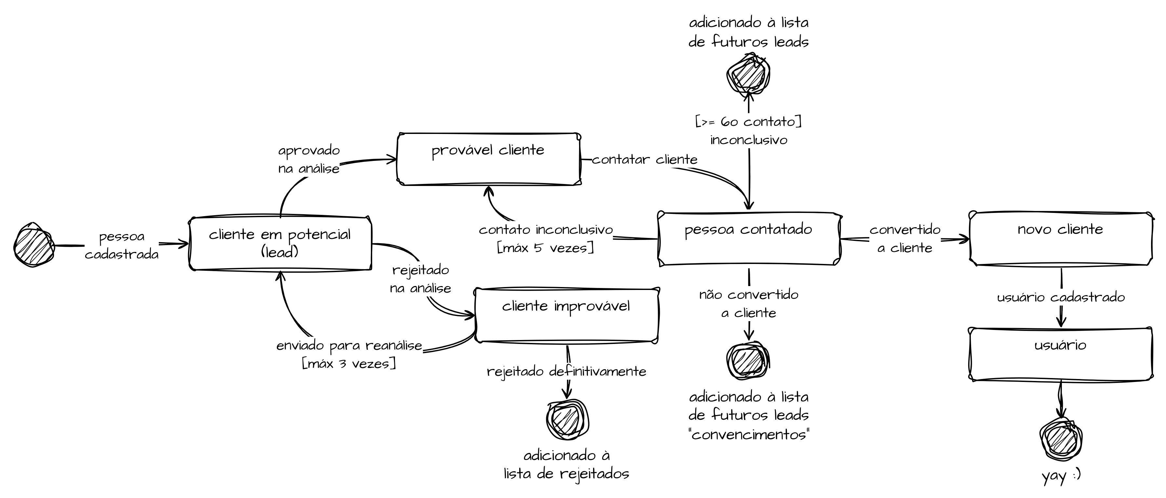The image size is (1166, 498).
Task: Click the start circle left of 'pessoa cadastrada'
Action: [x=34, y=245]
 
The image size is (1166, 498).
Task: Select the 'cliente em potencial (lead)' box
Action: [x=280, y=243]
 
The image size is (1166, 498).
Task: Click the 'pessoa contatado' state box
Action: [x=749, y=238]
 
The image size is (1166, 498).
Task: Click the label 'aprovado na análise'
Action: [x=309, y=159]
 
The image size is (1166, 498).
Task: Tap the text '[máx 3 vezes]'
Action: [x=348, y=364]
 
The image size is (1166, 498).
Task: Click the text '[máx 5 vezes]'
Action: [x=546, y=248]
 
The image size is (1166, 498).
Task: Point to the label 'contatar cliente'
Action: [x=644, y=159]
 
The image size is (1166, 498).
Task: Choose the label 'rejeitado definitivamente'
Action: [x=566, y=371]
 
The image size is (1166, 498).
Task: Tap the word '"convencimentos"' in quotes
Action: [x=749, y=435]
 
